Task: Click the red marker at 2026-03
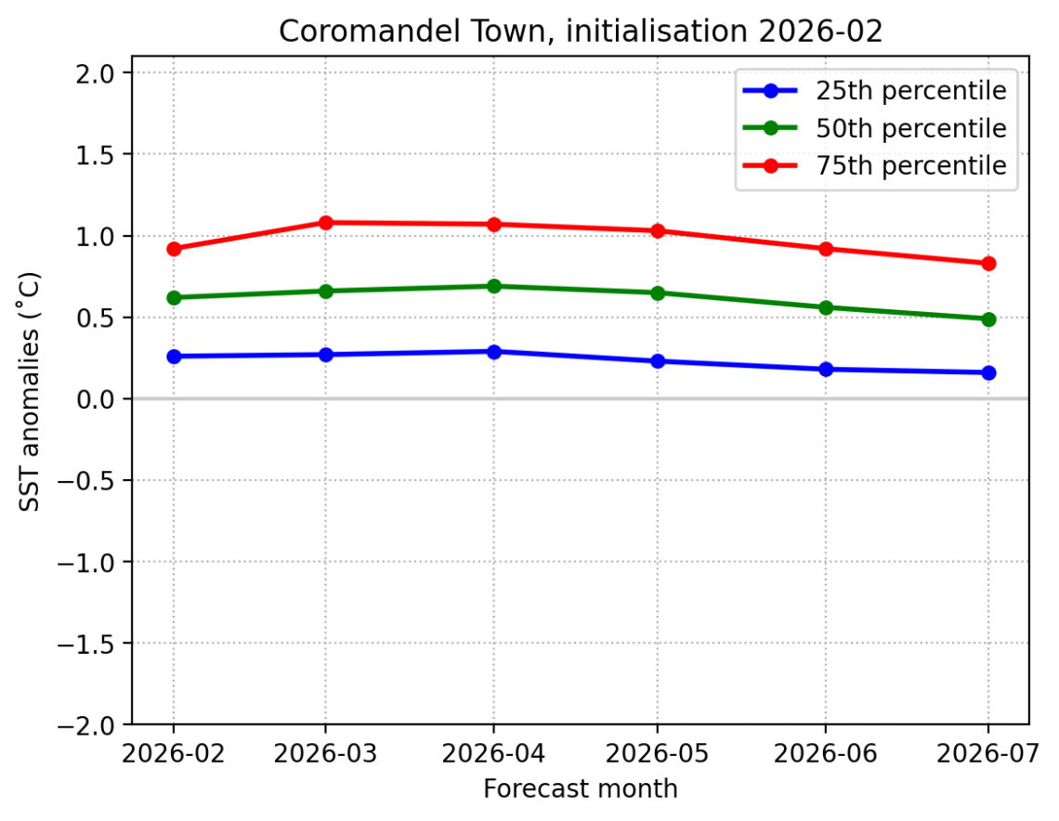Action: coord(326,223)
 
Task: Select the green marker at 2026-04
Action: coord(493,286)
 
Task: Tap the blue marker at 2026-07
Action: coord(987,372)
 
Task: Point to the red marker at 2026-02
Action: coord(174,249)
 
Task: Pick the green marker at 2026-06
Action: coord(825,307)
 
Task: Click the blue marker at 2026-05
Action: coord(658,361)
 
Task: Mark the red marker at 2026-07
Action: coord(987,264)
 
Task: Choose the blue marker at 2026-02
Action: coord(174,357)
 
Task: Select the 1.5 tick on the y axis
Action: coord(96,154)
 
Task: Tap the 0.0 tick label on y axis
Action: coord(96,399)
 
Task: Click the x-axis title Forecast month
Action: coord(580,789)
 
